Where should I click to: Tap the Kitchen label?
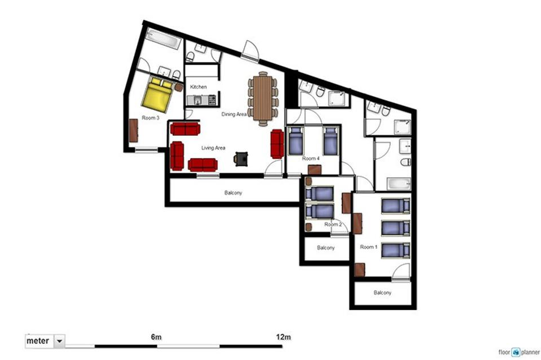point(198,87)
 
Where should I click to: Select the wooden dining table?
point(262,98)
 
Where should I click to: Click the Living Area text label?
point(213,148)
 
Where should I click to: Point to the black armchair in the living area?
point(241,158)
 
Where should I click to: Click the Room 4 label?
point(311,158)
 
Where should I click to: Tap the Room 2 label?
point(333,225)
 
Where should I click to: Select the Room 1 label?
point(368,247)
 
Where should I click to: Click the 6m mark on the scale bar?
point(156,337)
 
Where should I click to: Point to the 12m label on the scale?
point(283,337)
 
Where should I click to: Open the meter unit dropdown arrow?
point(59,341)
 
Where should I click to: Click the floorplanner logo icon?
point(516,352)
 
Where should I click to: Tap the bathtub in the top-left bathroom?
point(164,39)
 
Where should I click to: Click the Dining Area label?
point(234,114)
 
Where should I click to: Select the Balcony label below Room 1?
point(382,293)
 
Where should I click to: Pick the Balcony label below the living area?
point(233,193)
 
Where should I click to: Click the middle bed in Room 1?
point(395,228)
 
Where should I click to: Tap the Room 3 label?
point(151,118)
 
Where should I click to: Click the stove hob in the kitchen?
point(212,100)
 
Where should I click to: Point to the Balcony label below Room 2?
point(326,248)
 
